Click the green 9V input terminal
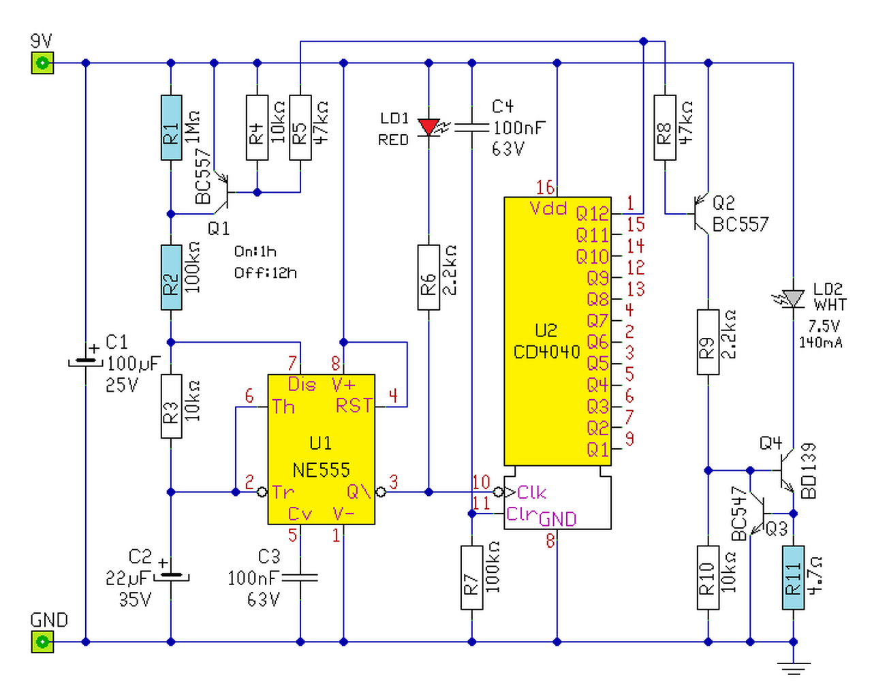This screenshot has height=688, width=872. tap(42, 63)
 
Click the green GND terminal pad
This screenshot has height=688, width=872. tap(42, 642)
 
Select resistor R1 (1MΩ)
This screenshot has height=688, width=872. tap(171, 127)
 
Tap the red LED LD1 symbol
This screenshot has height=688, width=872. tap(429, 127)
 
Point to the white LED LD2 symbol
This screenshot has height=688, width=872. tap(793, 299)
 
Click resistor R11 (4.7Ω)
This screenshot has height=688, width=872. tap(793, 577)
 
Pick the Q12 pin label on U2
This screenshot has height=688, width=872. tap(592, 213)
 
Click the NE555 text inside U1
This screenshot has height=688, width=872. tap(321, 470)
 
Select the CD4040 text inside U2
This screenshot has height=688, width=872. tap(546, 351)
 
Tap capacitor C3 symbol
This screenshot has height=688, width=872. tap(300, 578)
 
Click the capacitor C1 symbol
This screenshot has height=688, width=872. tap(86, 362)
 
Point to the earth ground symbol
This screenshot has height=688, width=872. tap(794, 668)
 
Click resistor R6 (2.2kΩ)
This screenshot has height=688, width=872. tap(429, 277)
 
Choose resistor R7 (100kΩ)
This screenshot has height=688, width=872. tap(471, 578)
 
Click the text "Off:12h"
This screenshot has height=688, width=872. tap(266, 273)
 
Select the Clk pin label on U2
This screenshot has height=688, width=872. tap(531, 492)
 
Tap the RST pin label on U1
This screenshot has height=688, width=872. tap(354, 405)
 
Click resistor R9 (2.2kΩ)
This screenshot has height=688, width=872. tap(708, 343)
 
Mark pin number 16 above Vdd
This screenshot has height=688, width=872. tap(545, 187)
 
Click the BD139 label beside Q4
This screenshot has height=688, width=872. tap(809, 471)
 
